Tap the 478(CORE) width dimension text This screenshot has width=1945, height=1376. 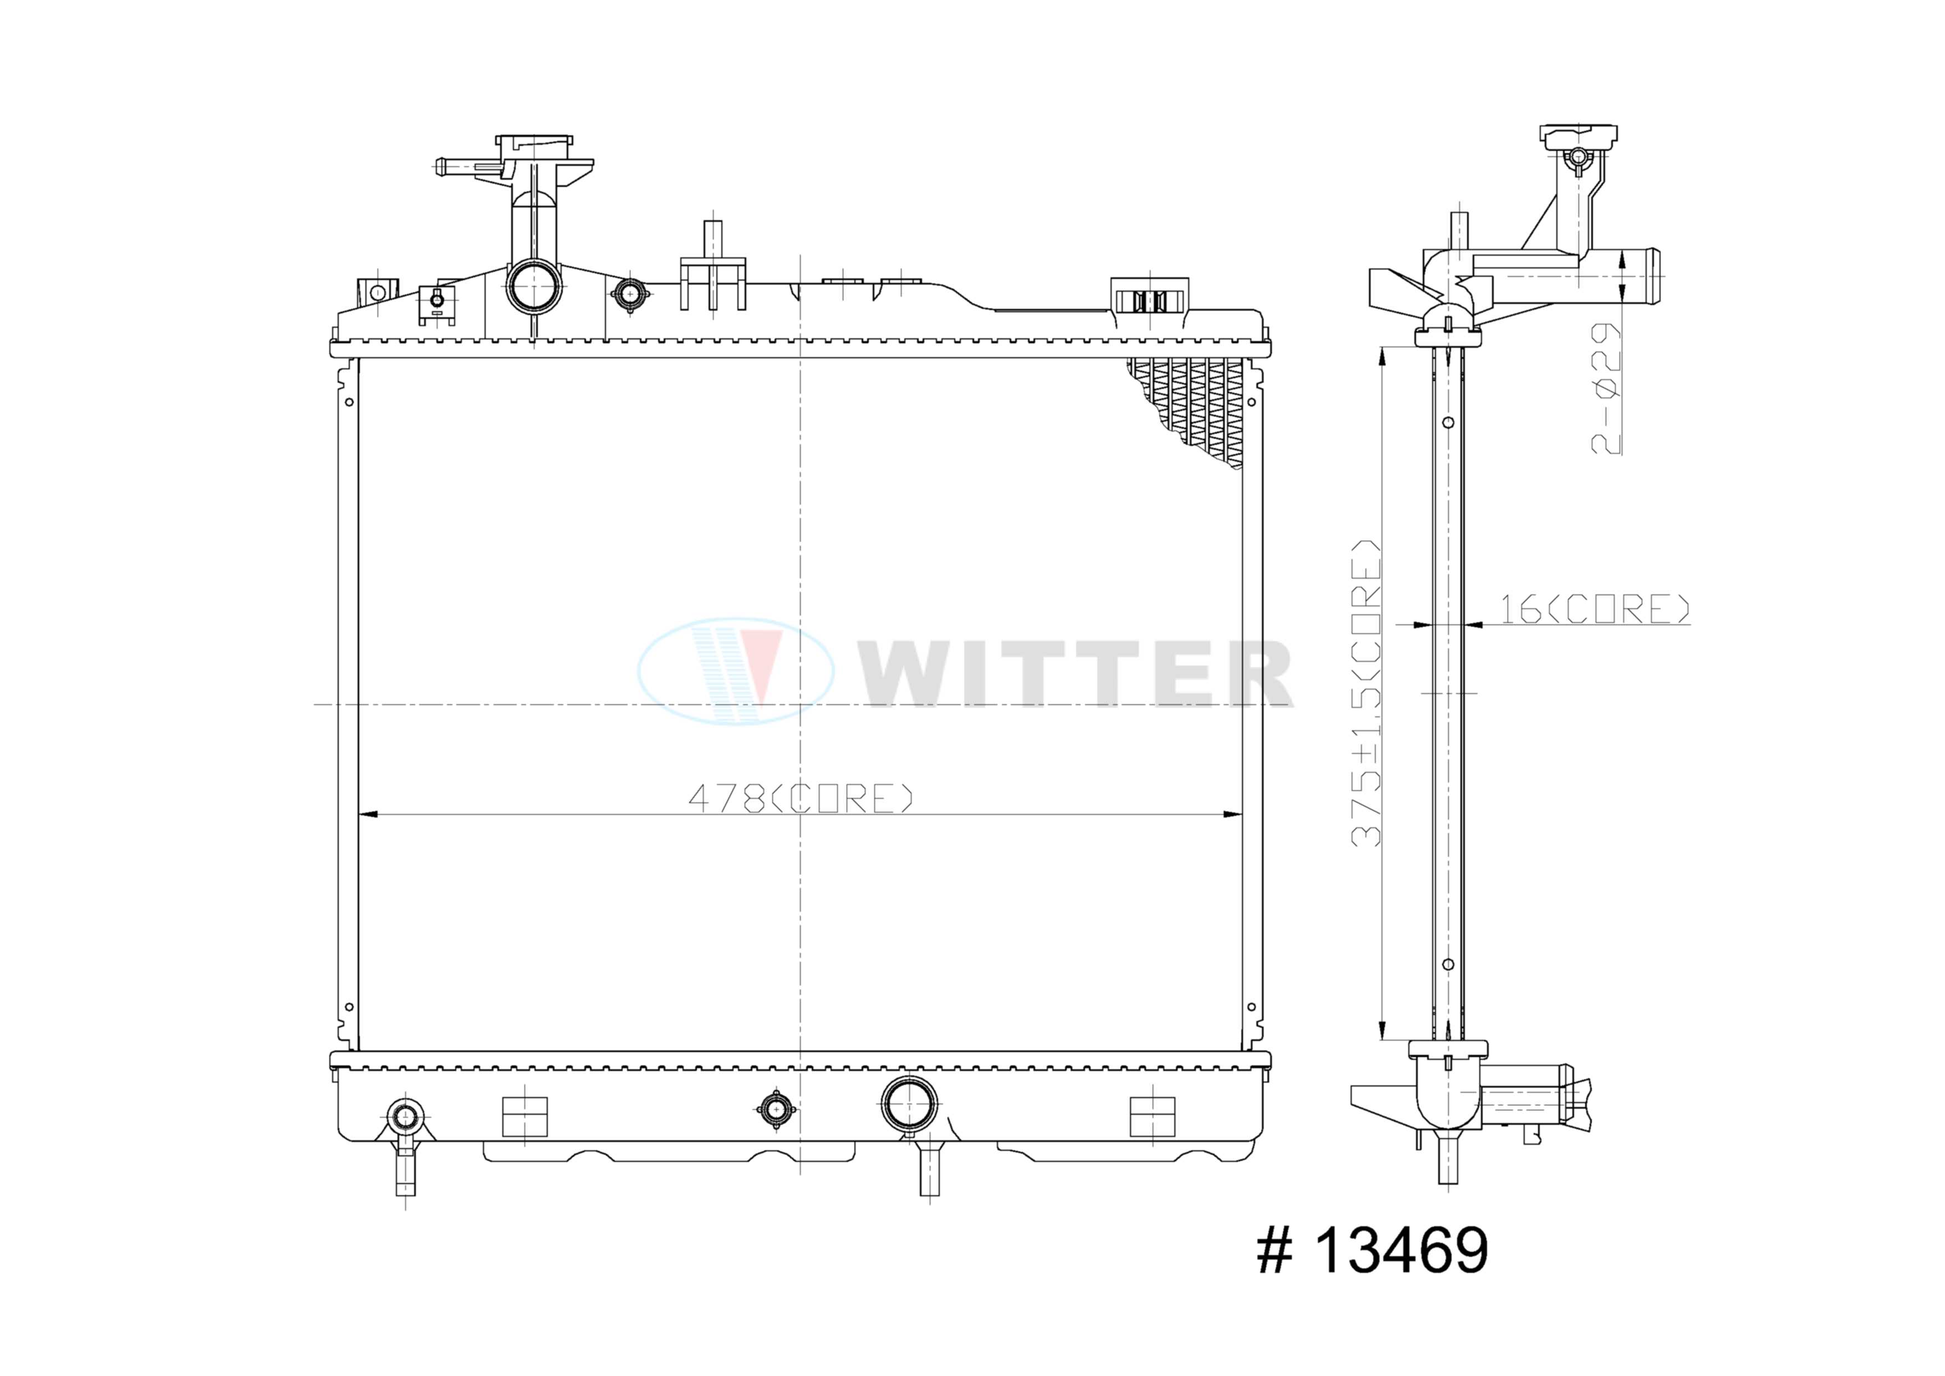[801, 798]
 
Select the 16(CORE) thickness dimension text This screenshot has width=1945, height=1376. [1595, 608]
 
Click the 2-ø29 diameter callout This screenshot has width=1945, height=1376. [1605, 388]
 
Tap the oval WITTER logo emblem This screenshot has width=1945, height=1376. [735, 671]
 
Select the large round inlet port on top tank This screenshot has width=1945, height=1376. [534, 286]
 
